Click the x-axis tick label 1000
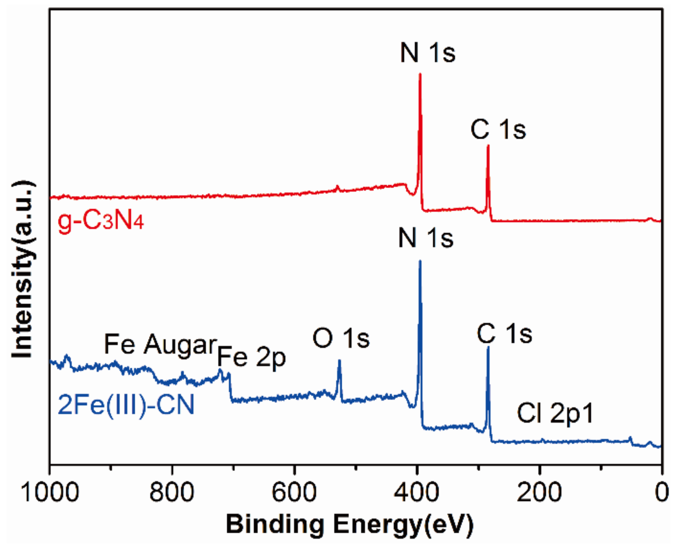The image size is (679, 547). point(50,492)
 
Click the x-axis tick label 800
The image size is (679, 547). point(172,492)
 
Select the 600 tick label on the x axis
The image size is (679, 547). point(294,492)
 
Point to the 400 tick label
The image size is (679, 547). point(416,492)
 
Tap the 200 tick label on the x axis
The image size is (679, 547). point(539,492)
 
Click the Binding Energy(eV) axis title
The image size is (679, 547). point(350,524)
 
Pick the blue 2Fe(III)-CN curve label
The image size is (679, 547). point(126,405)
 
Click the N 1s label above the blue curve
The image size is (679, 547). point(426,238)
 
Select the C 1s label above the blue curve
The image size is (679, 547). point(504,334)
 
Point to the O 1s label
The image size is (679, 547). point(341,339)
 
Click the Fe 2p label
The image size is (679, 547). point(251,357)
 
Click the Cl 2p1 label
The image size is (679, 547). point(555,413)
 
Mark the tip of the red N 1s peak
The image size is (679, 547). point(420,74)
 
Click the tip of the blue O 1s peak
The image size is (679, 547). point(339,360)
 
